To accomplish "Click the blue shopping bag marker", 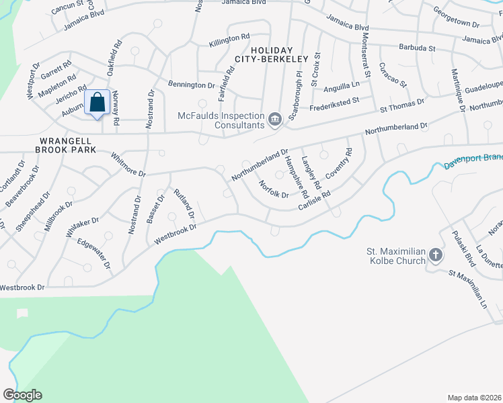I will pos(98,103).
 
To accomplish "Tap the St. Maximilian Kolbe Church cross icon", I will pos(436,255).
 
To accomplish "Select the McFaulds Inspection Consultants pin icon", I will pos(274,120).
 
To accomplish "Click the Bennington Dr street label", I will pos(191,86).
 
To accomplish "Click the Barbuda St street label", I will pos(418,48).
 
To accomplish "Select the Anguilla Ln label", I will pos(342,86).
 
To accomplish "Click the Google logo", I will pos(22,394).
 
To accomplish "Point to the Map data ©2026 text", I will pos(475,397).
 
